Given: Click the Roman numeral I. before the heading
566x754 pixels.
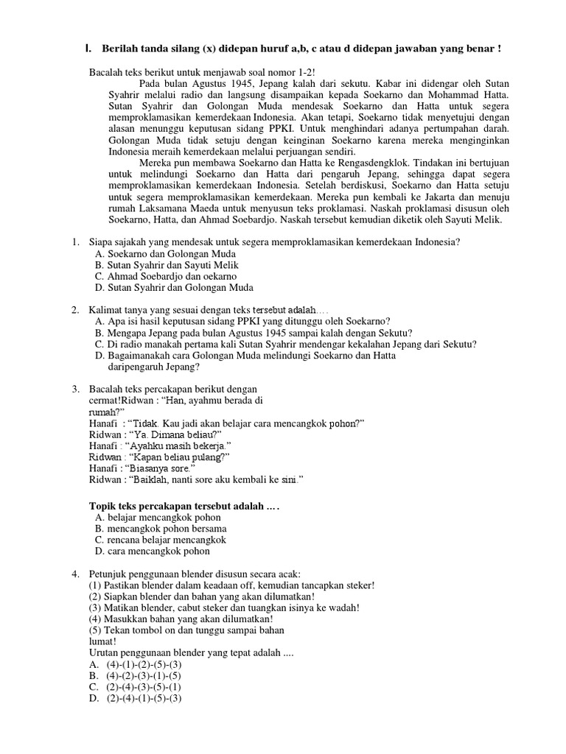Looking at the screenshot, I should [88, 49].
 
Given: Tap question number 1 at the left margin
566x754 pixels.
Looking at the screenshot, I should [75, 242].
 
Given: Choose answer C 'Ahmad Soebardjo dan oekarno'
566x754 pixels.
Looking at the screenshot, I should [162, 276].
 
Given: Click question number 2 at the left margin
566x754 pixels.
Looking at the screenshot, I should [75, 310].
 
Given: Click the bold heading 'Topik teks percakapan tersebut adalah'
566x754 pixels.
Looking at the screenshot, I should [185, 507].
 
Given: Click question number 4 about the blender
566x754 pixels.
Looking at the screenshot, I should [75, 574].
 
